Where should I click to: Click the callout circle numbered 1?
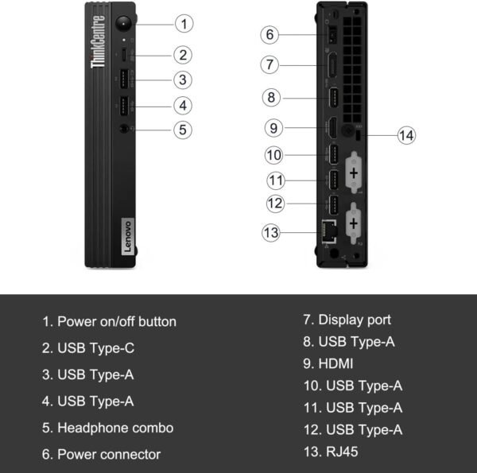(184, 23)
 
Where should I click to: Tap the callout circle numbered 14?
(406, 135)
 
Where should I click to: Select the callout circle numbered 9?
(273, 127)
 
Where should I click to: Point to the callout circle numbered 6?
(270, 34)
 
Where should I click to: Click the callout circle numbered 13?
(270, 232)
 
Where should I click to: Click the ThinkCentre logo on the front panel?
(99, 41)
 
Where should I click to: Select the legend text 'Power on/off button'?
(109, 322)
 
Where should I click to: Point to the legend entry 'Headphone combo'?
(107, 428)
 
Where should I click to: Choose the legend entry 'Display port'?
(347, 320)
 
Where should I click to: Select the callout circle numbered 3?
(183, 79)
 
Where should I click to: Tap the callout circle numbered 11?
(275, 179)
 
